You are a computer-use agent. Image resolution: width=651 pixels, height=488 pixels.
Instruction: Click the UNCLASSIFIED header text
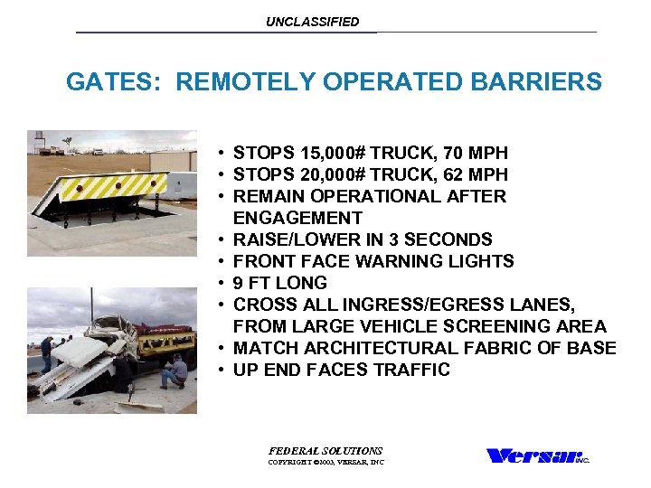pyautogui.click(x=312, y=22)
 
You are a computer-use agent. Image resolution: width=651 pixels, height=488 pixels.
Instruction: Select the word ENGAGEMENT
pyautogui.click(x=297, y=218)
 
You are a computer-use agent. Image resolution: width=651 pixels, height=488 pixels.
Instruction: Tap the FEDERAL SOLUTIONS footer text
pyautogui.click(x=325, y=450)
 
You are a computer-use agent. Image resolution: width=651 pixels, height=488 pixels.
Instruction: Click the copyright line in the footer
pyautogui.click(x=325, y=462)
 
